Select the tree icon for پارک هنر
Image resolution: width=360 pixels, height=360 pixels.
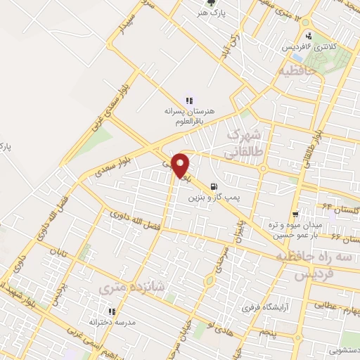(x=204, y=4)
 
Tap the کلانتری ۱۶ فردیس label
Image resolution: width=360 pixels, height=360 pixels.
(x=309, y=46)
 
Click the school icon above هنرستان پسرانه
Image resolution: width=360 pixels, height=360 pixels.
(x=188, y=101)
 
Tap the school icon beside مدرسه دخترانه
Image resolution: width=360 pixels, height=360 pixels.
(x=111, y=311)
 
